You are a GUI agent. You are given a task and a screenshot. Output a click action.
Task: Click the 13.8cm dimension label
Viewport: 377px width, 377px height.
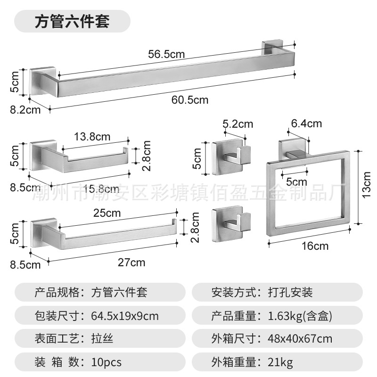[92, 137]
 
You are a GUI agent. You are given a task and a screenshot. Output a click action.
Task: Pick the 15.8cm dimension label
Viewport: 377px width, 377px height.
[101, 188]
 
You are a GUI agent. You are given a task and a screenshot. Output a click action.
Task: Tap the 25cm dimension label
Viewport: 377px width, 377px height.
[107, 213]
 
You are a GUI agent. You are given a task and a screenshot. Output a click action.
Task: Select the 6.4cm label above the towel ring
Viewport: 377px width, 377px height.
[306, 123]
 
